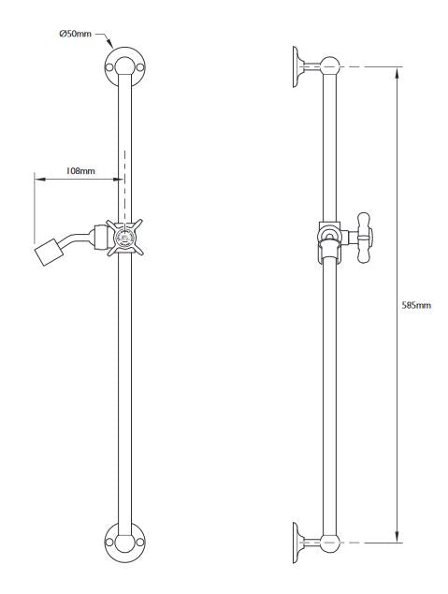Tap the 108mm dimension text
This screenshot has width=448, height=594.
(x=79, y=171)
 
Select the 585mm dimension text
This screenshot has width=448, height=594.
(x=416, y=305)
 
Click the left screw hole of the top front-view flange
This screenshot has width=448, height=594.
(x=111, y=68)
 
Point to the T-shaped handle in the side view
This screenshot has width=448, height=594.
(x=361, y=239)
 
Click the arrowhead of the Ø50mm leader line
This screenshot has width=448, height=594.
(x=112, y=47)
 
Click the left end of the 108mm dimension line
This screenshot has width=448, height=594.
(x=36, y=178)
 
